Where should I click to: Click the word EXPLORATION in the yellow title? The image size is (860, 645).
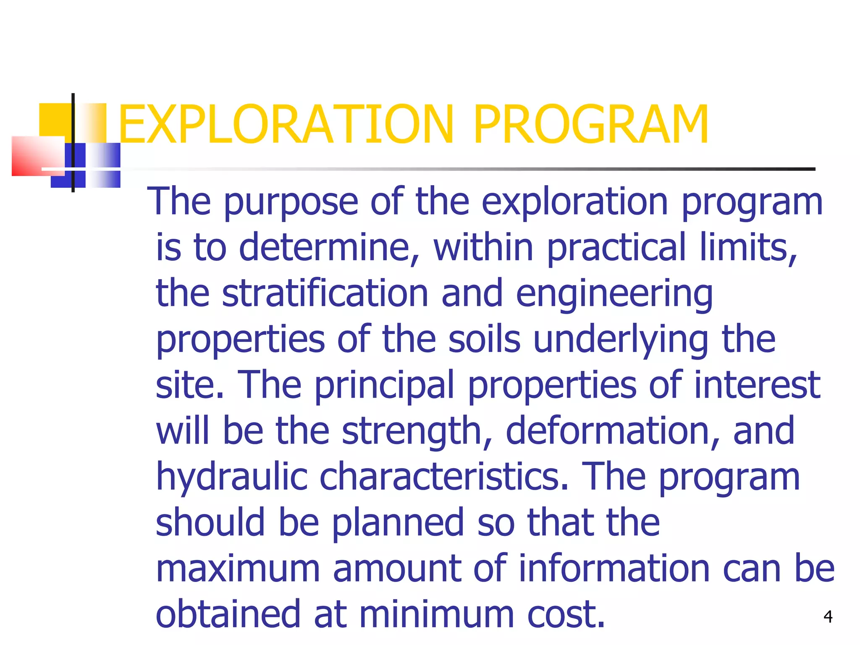[286, 125]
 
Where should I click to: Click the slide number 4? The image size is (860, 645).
[828, 616]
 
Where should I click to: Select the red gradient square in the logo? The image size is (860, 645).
[37, 155]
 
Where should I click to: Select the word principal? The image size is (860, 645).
[385, 385]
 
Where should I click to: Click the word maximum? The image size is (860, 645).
[238, 569]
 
